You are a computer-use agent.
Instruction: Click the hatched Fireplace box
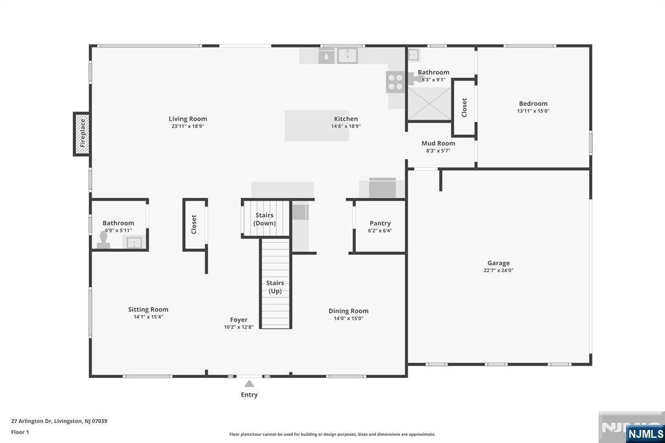[82, 134]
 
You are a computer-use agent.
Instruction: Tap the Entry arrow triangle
[249, 384]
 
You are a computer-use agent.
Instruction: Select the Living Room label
[188, 119]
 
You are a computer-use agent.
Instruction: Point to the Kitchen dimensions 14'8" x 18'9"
[346, 126]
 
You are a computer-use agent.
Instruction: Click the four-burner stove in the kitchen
[395, 82]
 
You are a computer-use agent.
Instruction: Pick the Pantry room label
[380, 223]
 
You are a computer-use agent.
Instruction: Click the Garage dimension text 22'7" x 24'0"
[498, 270]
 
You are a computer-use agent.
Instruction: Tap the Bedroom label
[533, 103]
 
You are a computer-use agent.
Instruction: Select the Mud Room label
[438, 144]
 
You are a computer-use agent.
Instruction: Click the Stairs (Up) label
[275, 287]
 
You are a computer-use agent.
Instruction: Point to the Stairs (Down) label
[265, 219]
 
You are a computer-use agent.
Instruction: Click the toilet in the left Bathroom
[103, 240]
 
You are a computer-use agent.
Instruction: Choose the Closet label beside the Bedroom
[464, 108]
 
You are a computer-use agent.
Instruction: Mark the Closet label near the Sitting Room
[194, 225]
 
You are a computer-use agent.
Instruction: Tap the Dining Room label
[349, 311]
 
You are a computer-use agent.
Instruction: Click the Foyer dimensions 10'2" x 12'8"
[239, 327]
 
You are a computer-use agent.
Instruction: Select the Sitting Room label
[149, 309]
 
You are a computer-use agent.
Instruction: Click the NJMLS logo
[646, 433]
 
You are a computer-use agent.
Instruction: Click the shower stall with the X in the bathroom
[429, 104]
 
